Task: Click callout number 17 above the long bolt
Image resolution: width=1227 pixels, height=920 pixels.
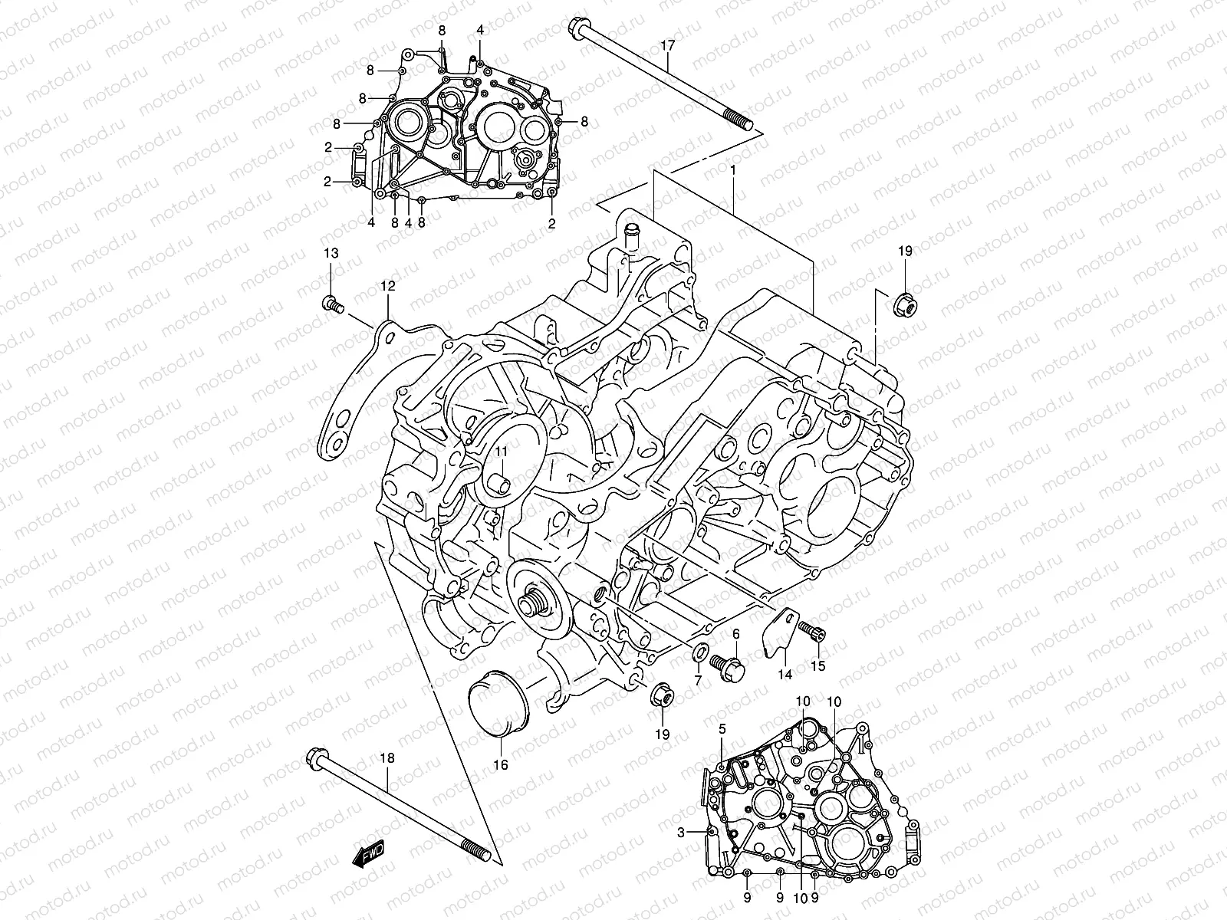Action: coord(668,46)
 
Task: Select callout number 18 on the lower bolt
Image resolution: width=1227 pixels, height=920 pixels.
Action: coord(387,757)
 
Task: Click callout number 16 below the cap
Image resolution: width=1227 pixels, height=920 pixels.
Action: coord(500,764)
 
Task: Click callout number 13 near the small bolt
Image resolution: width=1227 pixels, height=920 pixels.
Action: coord(330,254)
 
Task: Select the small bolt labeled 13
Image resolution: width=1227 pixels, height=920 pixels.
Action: coord(332,304)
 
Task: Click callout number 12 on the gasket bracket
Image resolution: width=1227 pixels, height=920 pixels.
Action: coord(388,286)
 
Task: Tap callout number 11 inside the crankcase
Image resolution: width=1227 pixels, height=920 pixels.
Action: coord(500,454)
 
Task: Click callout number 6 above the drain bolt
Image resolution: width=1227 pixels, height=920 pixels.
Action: coord(735,633)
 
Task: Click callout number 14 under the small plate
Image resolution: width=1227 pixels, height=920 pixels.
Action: coord(785,675)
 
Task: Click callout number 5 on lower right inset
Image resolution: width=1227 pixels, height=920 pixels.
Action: coord(722,730)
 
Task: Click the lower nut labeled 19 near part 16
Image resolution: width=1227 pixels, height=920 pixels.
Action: coord(662,696)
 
